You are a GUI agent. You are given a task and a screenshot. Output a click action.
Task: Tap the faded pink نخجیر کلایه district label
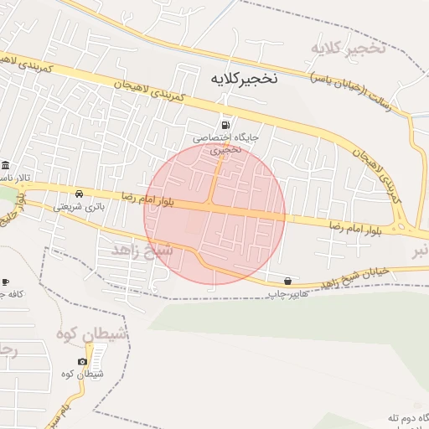(348, 49)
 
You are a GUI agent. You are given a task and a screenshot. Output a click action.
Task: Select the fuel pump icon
(224, 124)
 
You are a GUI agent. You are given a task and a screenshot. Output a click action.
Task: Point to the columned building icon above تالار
(6, 164)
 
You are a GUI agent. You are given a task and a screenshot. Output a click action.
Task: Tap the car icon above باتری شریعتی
(80, 192)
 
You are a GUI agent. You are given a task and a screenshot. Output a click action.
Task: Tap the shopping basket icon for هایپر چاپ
(288, 281)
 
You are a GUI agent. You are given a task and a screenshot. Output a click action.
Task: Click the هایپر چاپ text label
(288, 294)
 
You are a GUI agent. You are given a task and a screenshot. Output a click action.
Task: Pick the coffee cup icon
(5, 282)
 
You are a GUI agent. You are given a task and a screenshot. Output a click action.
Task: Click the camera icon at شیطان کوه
(82, 361)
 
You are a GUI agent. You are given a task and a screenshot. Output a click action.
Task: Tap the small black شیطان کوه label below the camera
(83, 375)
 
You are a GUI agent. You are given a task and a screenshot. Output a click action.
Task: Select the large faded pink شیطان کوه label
(92, 333)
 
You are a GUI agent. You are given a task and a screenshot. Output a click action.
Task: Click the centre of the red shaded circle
(214, 214)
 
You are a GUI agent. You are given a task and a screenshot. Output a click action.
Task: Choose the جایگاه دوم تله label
(407, 416)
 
